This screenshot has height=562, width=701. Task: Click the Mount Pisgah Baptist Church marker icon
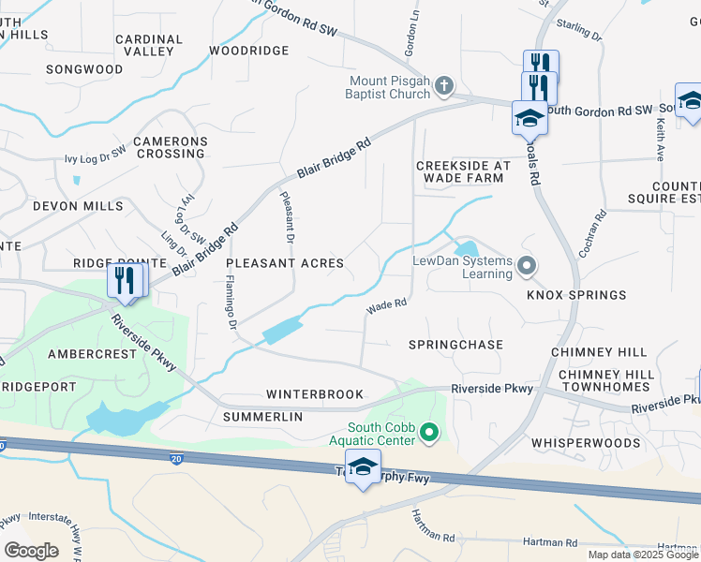[444, 87]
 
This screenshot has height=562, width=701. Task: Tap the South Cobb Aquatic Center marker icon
[429, 432]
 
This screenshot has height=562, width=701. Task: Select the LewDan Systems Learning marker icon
[527, 267]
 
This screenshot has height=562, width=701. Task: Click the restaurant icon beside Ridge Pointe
[125, 279]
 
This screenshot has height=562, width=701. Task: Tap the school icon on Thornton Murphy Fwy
[363, 467]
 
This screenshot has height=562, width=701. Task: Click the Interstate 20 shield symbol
[177, 459]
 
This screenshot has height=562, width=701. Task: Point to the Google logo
[31, 550]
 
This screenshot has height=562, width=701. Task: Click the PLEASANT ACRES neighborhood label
[285, 264]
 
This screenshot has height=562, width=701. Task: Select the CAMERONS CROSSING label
[170, 147]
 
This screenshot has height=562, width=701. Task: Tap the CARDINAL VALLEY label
[148, 46]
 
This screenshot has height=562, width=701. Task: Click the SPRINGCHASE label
[455, 345]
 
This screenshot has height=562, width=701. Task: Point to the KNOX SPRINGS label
[575, 295]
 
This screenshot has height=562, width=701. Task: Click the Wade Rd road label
[385, 304]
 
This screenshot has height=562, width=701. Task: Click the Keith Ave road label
[662, 136]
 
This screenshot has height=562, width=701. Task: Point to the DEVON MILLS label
[78, 205]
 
